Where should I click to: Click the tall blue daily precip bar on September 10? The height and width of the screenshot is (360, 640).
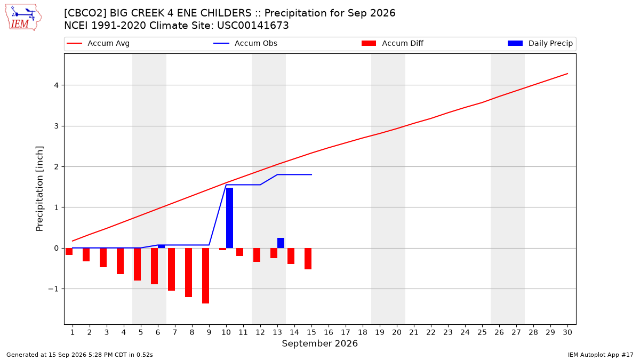click(229, 218)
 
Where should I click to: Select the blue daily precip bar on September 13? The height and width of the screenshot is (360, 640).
click(281, 243)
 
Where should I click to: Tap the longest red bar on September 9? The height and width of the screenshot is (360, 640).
click(205, 276)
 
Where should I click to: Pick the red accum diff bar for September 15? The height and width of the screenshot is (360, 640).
click(308, 259)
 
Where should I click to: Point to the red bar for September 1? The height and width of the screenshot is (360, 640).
click(69, 251)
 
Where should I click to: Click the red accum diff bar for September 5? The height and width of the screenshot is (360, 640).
click(137, 265)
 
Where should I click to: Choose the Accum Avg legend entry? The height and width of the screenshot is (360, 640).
click(98, 43)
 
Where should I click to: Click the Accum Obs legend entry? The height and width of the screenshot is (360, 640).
click(245, 43)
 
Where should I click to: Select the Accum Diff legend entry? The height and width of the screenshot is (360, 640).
click(393, 43)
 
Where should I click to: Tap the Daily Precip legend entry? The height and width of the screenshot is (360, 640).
click(540, 43)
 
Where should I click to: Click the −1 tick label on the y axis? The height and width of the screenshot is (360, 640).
click(53, 289)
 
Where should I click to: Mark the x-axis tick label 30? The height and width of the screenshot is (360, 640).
click(567, 332)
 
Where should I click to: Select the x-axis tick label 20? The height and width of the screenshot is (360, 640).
click(397, 332)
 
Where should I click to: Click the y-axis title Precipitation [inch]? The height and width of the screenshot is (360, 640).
click(39, 189)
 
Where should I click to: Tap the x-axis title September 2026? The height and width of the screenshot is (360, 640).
click(319, 343)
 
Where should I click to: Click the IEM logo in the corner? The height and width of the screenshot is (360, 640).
click(23, 18)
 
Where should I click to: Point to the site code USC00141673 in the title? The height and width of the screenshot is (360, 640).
click(253, 26)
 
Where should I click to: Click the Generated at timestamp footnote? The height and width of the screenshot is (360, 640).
click(79, 355)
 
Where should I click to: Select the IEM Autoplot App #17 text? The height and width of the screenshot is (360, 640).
click(601, 355)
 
